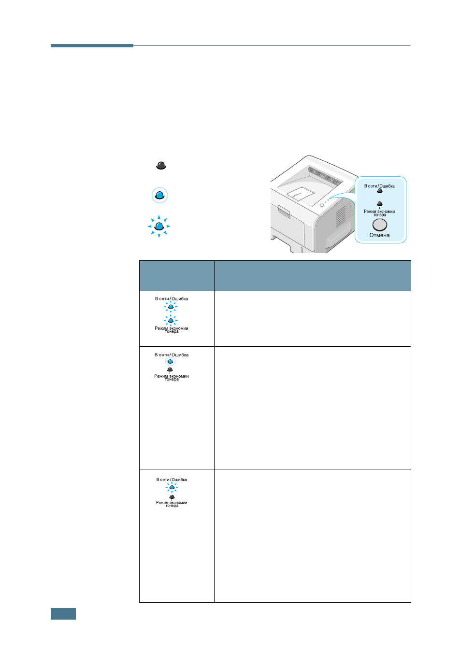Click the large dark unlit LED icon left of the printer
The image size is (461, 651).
tap(161, 166)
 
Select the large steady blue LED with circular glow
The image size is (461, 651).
tap(159, 195)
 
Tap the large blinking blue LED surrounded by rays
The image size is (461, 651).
tap(159, 226)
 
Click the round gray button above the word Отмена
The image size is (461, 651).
tap(379, 225)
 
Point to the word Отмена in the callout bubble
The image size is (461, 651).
tap(379, 235)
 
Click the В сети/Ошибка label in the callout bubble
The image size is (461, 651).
tap(379, 186)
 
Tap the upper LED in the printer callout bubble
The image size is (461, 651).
tap(379, 191)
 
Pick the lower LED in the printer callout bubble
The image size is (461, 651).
tap(379, 204)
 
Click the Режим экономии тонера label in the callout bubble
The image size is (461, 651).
tap(379, 213)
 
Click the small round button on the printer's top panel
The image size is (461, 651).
tap(322, 205)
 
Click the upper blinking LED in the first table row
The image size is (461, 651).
tap(171, 307)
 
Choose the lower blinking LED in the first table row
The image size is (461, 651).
tap(171, 321)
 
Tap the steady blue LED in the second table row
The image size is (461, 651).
tap(170, 362)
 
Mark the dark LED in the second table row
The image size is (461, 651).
tap(170, 369)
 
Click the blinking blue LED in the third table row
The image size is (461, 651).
tap(172, 487)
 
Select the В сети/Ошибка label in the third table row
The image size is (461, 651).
tap(172, 480)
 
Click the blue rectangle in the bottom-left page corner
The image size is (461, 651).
tap(63, 613)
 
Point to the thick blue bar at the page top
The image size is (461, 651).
tap(92, 45)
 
